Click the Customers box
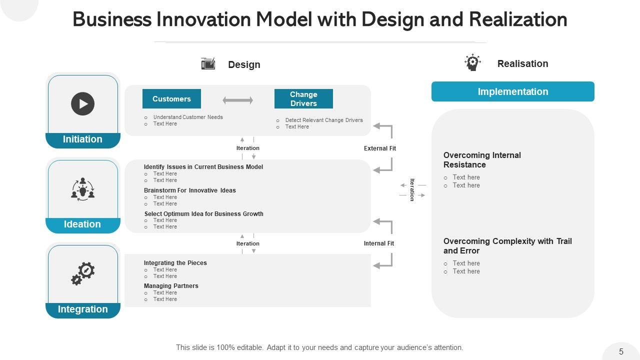[x=171, y=99]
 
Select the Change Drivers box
[x=303, y=99]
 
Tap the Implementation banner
[x=512, y=91]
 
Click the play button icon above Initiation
[x=83, y=104]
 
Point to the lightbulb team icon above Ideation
[x=83, y=189]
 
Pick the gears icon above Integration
[x=83, y=273]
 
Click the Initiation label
[x=82, y=139]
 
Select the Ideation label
[x=82, y=224]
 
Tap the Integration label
[x=82, y=309]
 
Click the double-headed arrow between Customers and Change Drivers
[x=238, y=100]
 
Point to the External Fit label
[x=380, y=148]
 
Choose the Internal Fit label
[x=379, y=243]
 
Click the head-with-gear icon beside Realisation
[x=472, y=63]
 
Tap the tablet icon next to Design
[x=208, y=64]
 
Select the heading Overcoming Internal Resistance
[x=482, y=160]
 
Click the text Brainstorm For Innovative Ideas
[x=190, y=190]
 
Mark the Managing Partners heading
[x=171, y=286]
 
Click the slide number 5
[x=621, y=351]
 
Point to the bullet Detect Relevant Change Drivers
[x=324, y=120]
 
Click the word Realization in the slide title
[x=518, y=19]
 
